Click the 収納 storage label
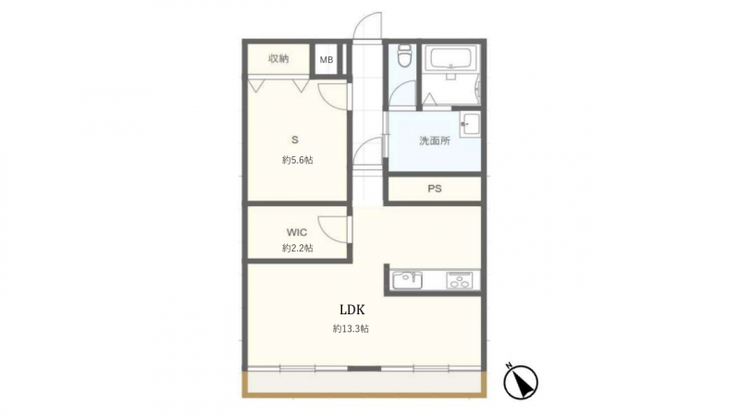278,58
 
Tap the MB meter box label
327,60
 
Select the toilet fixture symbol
404,56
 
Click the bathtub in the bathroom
450,59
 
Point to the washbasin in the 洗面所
469,125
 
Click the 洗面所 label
435,141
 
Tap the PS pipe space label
435,189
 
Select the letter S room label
295,141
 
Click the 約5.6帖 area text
297,160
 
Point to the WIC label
297,232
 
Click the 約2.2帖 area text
297,248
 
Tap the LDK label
352,310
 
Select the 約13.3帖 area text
351,329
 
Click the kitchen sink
407,280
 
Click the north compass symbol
521,382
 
